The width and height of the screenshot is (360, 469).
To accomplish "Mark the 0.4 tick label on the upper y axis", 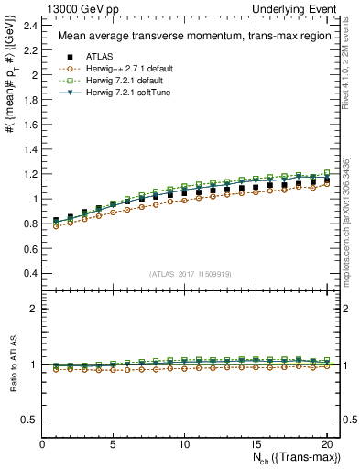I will tap(33, 274).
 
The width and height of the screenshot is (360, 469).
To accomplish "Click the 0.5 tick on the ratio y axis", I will tap(33, 420).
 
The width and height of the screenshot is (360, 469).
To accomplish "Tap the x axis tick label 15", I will tap(256, 444).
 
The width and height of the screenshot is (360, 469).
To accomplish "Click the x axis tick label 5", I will tap(114, 444).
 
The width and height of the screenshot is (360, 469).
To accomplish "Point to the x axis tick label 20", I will tap(326, 444).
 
